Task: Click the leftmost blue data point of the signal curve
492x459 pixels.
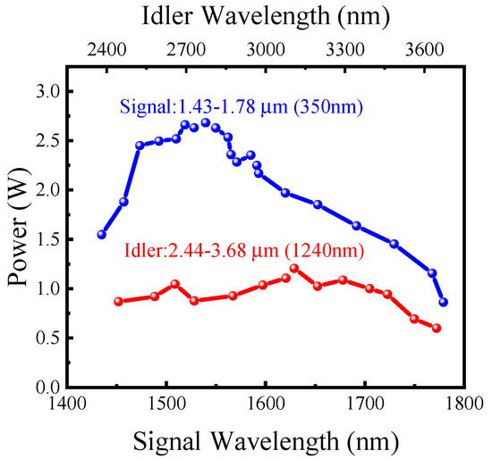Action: pos(102,234)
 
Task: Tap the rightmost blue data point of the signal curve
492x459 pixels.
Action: pos(443,303)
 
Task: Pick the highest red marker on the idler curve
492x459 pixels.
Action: pos(293,268)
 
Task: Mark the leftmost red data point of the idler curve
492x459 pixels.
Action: pos(118,302)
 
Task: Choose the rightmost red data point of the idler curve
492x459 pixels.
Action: pos(437,328)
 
